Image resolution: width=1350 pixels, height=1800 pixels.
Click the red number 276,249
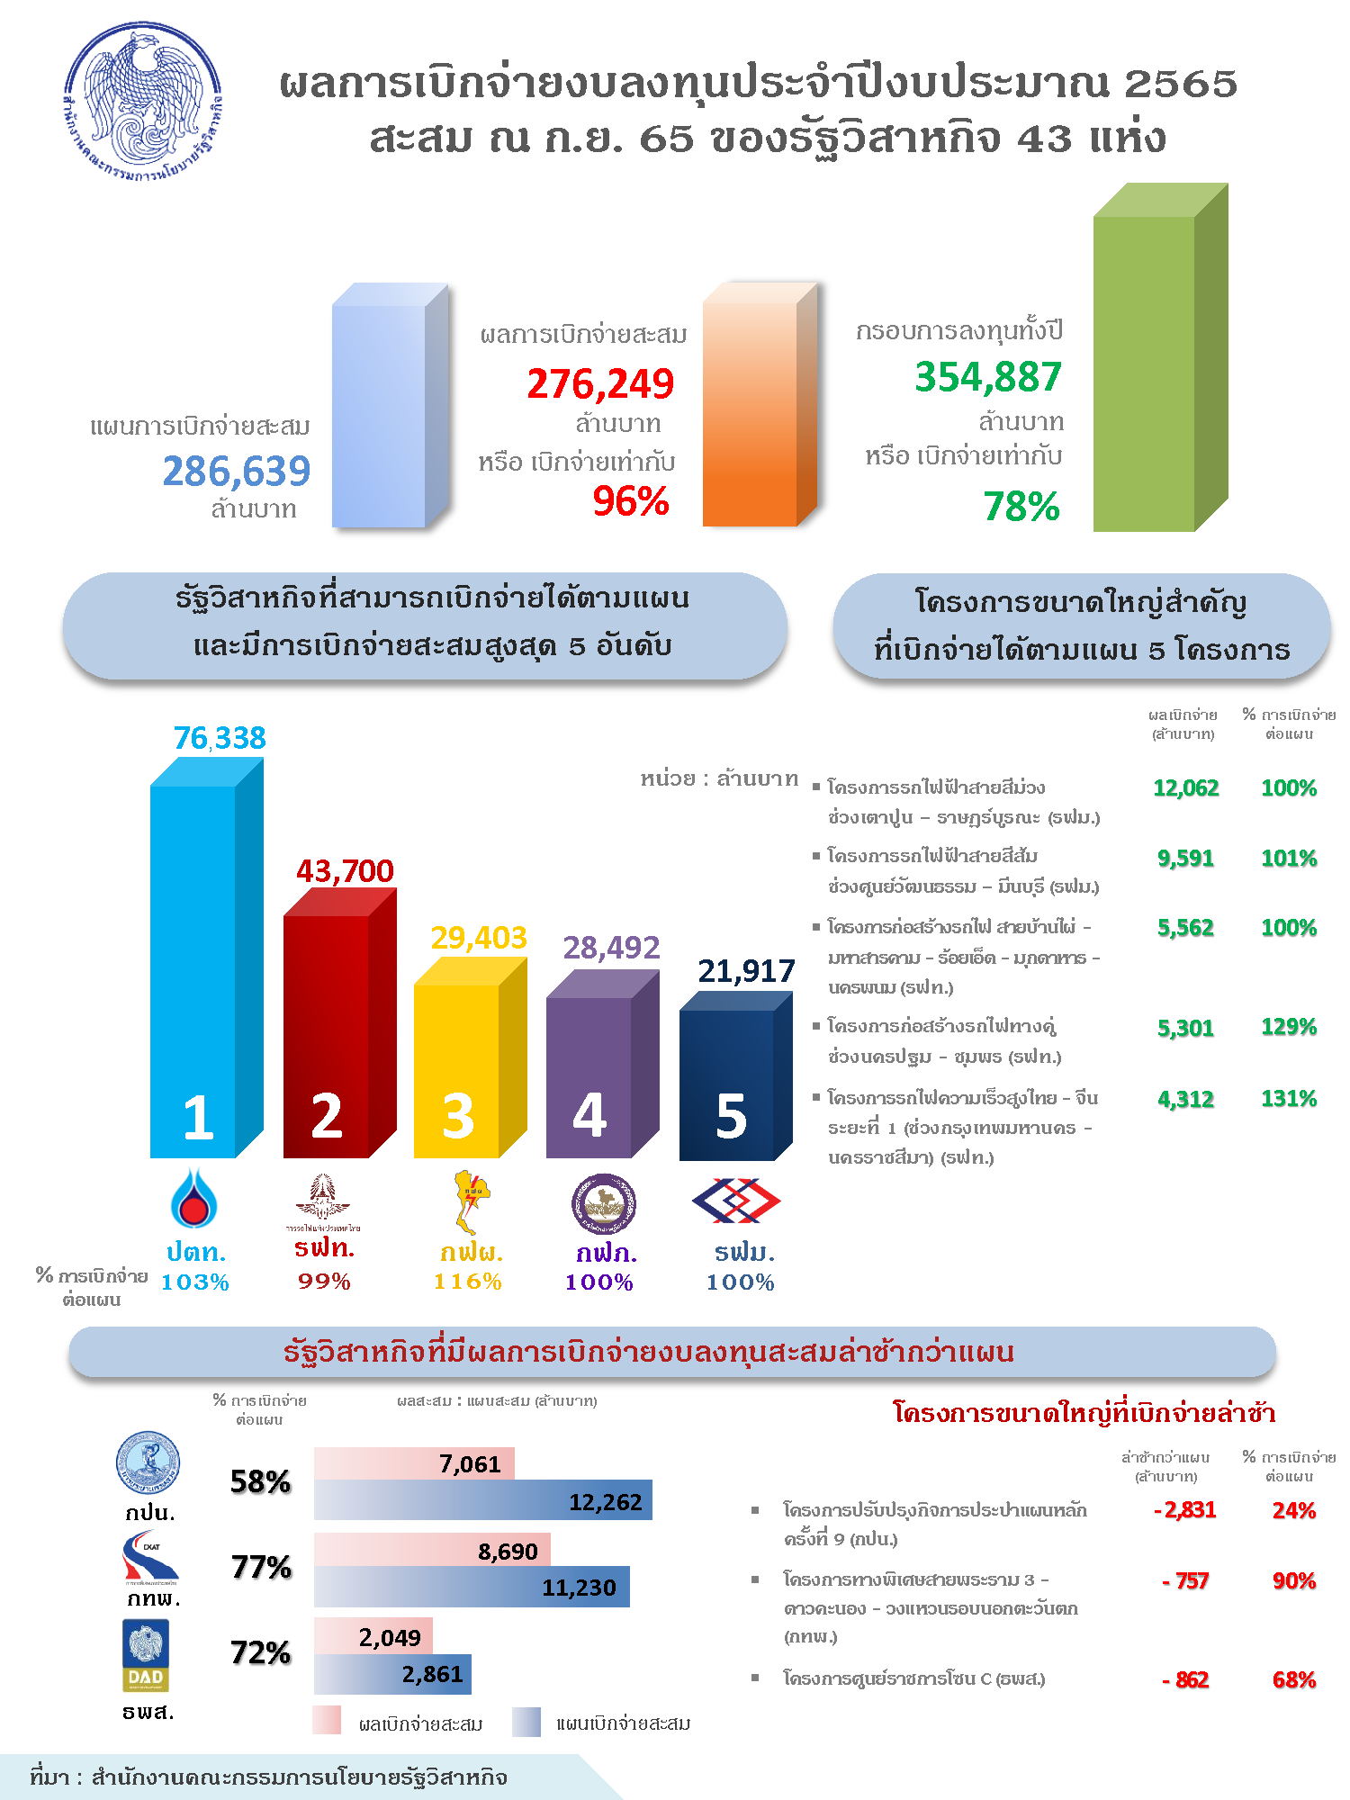click(x=600, y=384)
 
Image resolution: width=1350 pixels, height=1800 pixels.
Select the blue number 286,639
click(x=236, y=471)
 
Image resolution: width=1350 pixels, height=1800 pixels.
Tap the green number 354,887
click(x=988, y=377)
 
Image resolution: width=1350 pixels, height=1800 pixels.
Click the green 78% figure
click(x=1021, y=507)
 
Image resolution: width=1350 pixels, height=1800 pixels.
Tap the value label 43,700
click(x=345, y=871)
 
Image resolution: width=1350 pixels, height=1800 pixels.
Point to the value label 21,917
click(x=746, y=971)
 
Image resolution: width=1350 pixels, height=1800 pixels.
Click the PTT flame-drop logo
click(x=193, y=1200)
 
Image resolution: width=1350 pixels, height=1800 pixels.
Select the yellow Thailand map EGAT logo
click(x=468, y=1201)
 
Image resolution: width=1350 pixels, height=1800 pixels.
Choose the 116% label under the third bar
click(x=468, y=1282)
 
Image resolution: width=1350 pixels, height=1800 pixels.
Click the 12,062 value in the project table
click(x=1185, y=788)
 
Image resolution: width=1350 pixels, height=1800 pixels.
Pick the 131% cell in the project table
click(x=1289, y=1099)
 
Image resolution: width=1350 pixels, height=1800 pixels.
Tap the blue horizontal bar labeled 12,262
click(x=482, y=1500)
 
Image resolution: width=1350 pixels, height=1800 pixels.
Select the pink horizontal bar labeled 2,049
click(x=373, y=1636)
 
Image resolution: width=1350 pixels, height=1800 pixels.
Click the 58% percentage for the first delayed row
click(x=261, y=1482)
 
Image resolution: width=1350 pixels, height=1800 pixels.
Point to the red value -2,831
click(x=1185, y=1510)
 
